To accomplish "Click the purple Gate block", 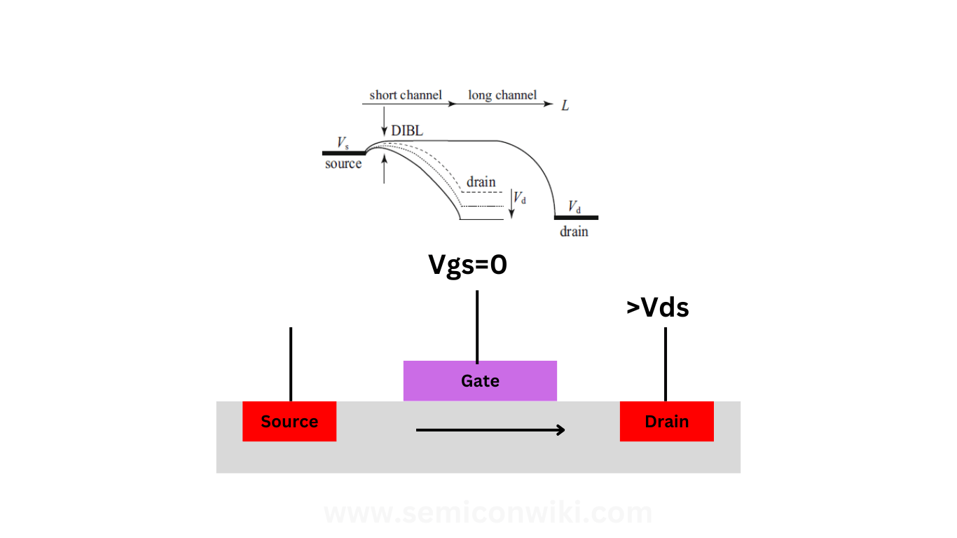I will (480, 380).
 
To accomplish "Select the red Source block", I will (289, 421).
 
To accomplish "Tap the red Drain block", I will (666, 421).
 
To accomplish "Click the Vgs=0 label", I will (467, 265).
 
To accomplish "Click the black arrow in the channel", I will (490, 429).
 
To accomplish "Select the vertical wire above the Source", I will (290, 363).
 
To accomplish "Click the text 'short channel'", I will (406, 95).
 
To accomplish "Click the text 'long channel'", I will (502, 95).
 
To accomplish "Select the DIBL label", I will (407, 130).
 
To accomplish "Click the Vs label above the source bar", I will (343, 143).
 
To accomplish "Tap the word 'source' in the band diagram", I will (343, 164).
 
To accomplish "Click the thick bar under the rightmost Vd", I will (576, 218).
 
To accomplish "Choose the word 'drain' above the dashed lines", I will (481, 181).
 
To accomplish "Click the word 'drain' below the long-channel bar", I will (574, 231).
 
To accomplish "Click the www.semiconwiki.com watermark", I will (488, 513).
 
